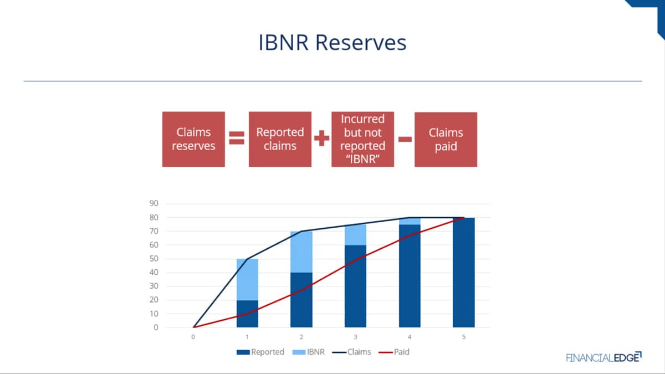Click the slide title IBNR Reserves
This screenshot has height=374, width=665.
point(332,43)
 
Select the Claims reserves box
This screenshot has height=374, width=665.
point(193,139)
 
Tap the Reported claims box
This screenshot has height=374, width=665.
point(280,139)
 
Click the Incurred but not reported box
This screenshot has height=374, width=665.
point(363,139)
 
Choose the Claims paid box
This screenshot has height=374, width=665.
point(446,140)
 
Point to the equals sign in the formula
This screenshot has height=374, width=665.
point(237,138)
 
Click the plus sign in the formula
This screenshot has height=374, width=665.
point(321,138)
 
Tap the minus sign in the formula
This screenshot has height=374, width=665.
point(405,139)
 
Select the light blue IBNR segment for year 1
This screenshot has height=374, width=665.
point(247,280)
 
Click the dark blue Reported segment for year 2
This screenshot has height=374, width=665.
point(301,300)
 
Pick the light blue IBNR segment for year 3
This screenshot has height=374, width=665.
point(355,235)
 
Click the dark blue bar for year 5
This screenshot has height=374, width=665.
point(464,273)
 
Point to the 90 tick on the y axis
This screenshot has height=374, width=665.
point(154,203)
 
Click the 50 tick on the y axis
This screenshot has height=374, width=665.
point(154,259)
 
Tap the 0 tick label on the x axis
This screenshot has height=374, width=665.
point(193,337)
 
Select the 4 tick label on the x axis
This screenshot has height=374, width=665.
point(410,337)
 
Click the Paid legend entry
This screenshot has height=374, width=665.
point(394,352)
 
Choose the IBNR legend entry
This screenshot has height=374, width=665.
point(309,352)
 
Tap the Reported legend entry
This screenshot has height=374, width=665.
point(260,352)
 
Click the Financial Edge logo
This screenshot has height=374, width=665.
point(603,357)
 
